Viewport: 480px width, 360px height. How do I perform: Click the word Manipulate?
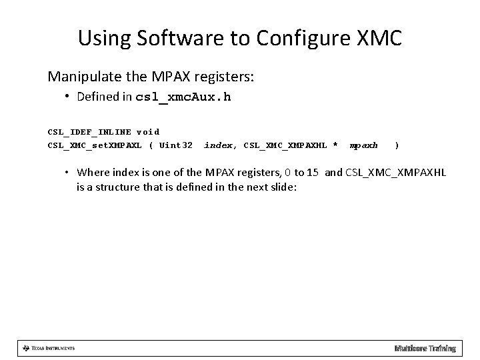(x=81, y=77)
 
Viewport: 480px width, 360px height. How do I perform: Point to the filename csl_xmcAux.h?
(x=183, y=97)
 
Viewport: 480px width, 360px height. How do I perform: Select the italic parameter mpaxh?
(x=364, y=145)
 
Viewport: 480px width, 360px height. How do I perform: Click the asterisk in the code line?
(x=335, y=145)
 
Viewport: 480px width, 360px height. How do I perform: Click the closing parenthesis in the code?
(x=397, y=145)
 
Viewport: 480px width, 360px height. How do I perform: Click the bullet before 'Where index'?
(x=67, y=173)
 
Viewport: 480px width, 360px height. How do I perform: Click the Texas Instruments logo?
(x=48, y=348)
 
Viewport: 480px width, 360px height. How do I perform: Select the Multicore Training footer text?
(x=425, y=348)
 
